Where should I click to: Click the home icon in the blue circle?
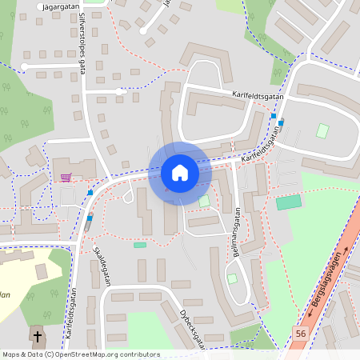179,173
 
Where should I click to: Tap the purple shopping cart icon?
66,177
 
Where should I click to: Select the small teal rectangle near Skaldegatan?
140,245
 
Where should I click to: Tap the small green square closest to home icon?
204,200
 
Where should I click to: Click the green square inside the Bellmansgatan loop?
232,278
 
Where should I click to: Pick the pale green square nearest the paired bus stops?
322,130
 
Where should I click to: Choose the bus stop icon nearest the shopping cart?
90,192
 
